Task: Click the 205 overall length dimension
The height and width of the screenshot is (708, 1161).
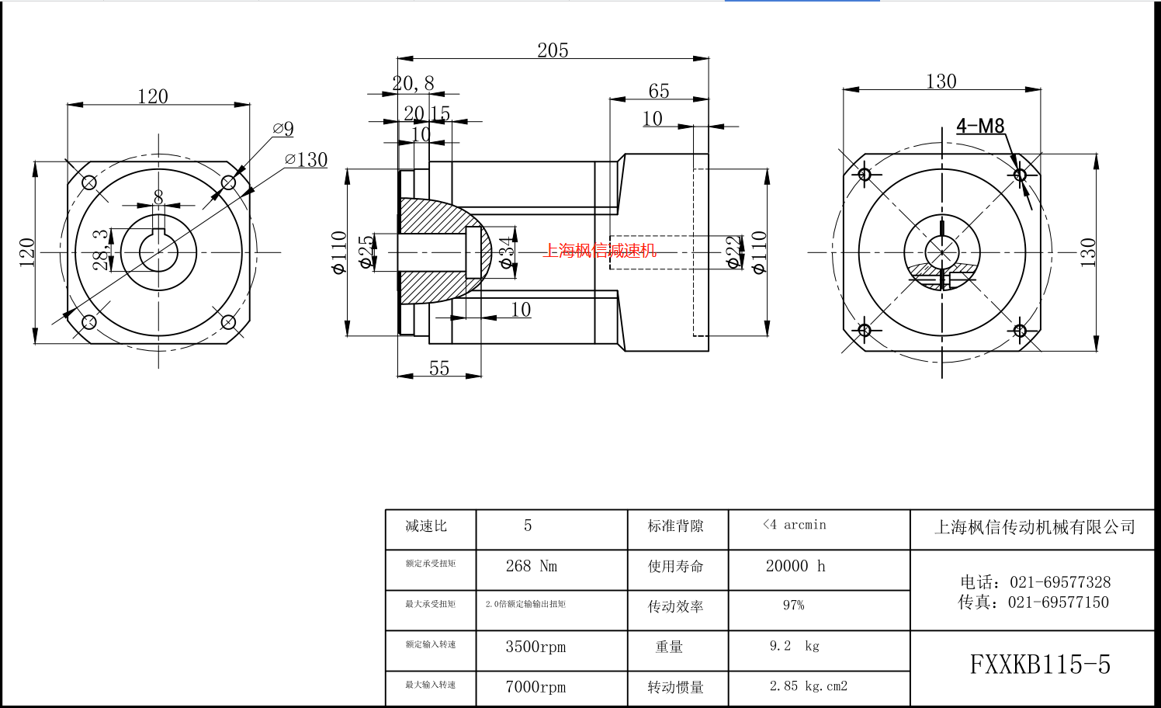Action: click(x=553, y=50)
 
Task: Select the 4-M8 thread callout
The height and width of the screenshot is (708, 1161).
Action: click(x=980, y=126)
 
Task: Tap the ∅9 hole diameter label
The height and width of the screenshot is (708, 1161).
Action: click(x=283, y=129)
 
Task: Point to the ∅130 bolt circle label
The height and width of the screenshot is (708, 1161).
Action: click(x=307, y=160)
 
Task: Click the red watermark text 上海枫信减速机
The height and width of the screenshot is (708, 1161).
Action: click(x=599, y=250)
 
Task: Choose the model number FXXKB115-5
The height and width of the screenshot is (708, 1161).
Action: click(x=1040, y=665)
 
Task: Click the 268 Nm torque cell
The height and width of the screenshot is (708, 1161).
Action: click(x=532, y=567)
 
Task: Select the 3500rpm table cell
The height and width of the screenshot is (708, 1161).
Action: click(x=535, y=647)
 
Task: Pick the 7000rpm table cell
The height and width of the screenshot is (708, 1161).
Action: click(x=535, y=687)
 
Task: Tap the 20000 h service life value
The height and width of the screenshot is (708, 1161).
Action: click(x=795, y=567)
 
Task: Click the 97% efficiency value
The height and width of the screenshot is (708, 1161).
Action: click(x=793, y=606)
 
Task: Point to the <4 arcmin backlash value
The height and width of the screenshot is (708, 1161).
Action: click(x=795, y=526)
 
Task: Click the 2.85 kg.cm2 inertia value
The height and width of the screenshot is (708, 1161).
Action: click(x=808, y=686)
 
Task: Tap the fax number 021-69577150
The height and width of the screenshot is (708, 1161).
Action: click(x=1058, y=602)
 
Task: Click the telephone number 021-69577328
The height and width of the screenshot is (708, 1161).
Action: click(x=1060, y=582)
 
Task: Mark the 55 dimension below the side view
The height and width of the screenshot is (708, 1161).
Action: click(x=439, y=368)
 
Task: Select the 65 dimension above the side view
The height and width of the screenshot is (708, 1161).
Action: click(x=659, y=92)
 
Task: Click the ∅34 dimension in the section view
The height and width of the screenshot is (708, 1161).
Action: click(x=507, y=252)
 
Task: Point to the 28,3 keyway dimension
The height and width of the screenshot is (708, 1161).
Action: click(x=101, y=249)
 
